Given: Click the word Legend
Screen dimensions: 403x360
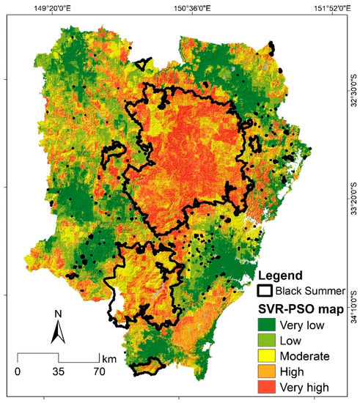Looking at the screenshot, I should pyautogui.click(x=282, y=276).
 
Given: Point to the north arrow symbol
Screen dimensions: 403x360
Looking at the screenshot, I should pyautogui.click(x=59, y=334).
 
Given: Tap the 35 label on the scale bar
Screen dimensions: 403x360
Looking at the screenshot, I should pyautogui.click(x=58, y=371).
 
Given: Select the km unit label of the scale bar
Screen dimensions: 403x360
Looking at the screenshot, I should pyautogui.click(x=109, y=358).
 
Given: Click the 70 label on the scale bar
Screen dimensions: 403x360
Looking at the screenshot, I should pyautogui.click(x=99, y=371).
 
